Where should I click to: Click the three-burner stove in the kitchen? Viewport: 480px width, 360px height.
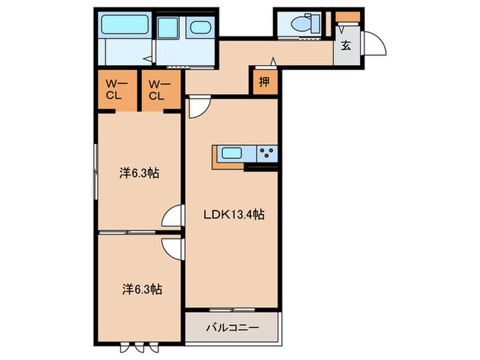coord(267,154)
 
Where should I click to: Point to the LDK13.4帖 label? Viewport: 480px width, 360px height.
coord(233,215)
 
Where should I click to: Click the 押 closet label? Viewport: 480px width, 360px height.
coord(263,82)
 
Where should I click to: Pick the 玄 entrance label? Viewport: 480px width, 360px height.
coord(346,47)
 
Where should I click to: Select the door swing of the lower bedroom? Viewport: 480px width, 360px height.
coord(171,247)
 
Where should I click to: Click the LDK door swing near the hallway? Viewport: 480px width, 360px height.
coord(197,108)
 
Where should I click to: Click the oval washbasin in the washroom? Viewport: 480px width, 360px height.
coord(200,29)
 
